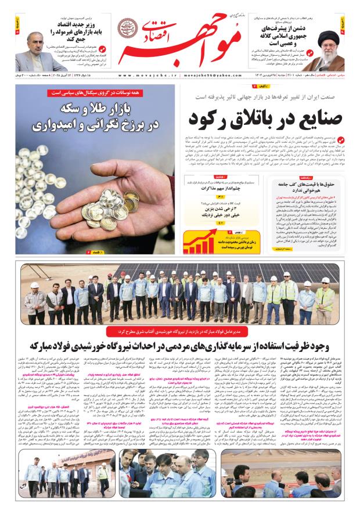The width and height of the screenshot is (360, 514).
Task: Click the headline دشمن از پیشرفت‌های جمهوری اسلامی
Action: pyautogui.click(x=278, y=33)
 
